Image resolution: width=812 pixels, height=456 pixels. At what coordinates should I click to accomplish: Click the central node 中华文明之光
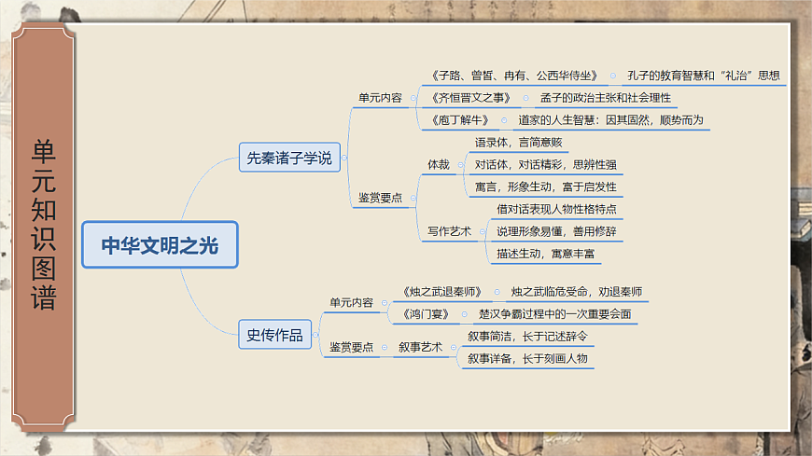point(161,245)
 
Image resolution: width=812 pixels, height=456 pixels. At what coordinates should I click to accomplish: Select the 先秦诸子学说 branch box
point(288,158)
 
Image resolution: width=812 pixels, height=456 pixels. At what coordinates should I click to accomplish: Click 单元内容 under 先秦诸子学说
point(380,96)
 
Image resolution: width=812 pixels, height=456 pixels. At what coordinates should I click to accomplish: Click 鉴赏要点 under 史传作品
point(351,347)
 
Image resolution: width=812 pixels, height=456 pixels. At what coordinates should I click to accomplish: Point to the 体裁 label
point(439,164)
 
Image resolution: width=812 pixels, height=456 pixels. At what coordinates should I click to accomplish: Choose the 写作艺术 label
point(449,231)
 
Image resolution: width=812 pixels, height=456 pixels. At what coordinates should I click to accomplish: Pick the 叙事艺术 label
point(419,347)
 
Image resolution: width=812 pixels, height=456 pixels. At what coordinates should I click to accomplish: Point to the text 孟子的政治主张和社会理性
point(606,97)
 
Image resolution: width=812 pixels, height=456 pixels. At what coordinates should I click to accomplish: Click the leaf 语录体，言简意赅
point(518,143)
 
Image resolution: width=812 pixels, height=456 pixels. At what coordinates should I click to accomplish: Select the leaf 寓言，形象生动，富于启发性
point(545,187)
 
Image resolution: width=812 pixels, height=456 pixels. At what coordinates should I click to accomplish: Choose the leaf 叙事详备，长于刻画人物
point(528,357)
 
